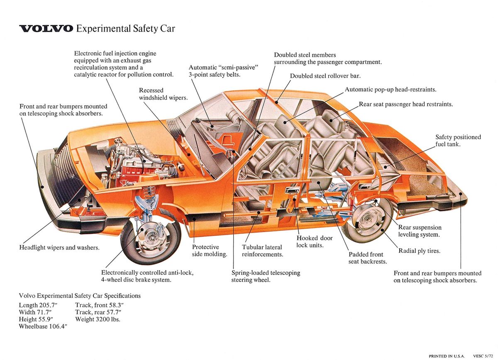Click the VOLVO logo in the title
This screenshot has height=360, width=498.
(x=46, y=29)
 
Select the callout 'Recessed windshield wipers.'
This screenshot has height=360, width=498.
(x=163, y=94)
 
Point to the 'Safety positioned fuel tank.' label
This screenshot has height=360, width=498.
(x=458, y=141)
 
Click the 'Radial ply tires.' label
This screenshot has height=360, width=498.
(x=419, y=251)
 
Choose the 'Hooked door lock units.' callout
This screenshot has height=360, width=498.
(x=314, y=241)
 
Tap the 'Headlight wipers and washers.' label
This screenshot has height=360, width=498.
(x=59, y=247)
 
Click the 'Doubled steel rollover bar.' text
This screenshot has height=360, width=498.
(x=325, y=76)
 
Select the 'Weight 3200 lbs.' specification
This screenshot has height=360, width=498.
(x=98, y=319)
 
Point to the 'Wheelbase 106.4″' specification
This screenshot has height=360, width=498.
(x=43, y=327)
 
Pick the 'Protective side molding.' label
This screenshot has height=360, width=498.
(x=209, y=250)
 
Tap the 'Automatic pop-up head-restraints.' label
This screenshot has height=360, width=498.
(x=390, y=89)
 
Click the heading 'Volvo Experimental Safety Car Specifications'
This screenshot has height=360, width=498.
(x=80, y=296)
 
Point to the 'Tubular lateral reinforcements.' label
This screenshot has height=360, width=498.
(x=262, y=251)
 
